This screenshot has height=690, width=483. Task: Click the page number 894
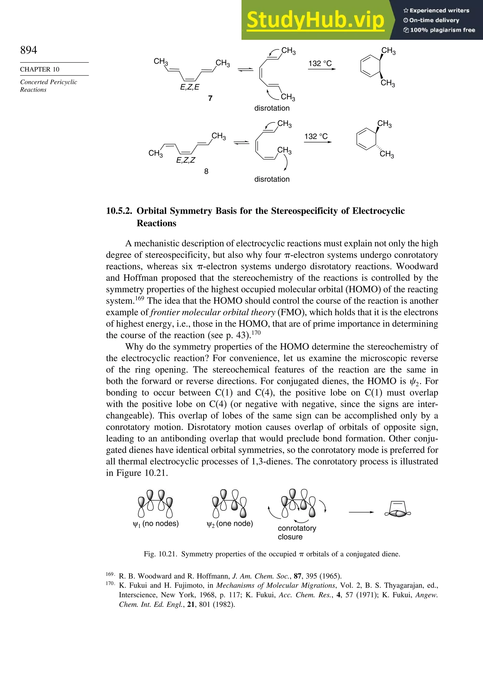(x=29, y=50)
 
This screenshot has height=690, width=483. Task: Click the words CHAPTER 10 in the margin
(x=40, y=69)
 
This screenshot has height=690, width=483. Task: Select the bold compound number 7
(x=210, y=98)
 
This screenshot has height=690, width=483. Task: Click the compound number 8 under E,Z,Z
(x=206, y=171)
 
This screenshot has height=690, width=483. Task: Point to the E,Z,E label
(x=190, y=87)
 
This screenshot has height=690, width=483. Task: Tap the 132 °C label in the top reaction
(x=320, y=63)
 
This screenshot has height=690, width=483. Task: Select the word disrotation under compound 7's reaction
(x=272, y=108)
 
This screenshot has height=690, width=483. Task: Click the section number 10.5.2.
(x=119, y=211)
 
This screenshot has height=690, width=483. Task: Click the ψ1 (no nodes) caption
(x=156, y=524)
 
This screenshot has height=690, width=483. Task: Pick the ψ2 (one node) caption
(x=230, y=524)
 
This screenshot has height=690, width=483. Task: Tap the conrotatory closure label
(x=297, y=532)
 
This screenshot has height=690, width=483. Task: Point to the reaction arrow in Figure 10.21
(x=361, y=512)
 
